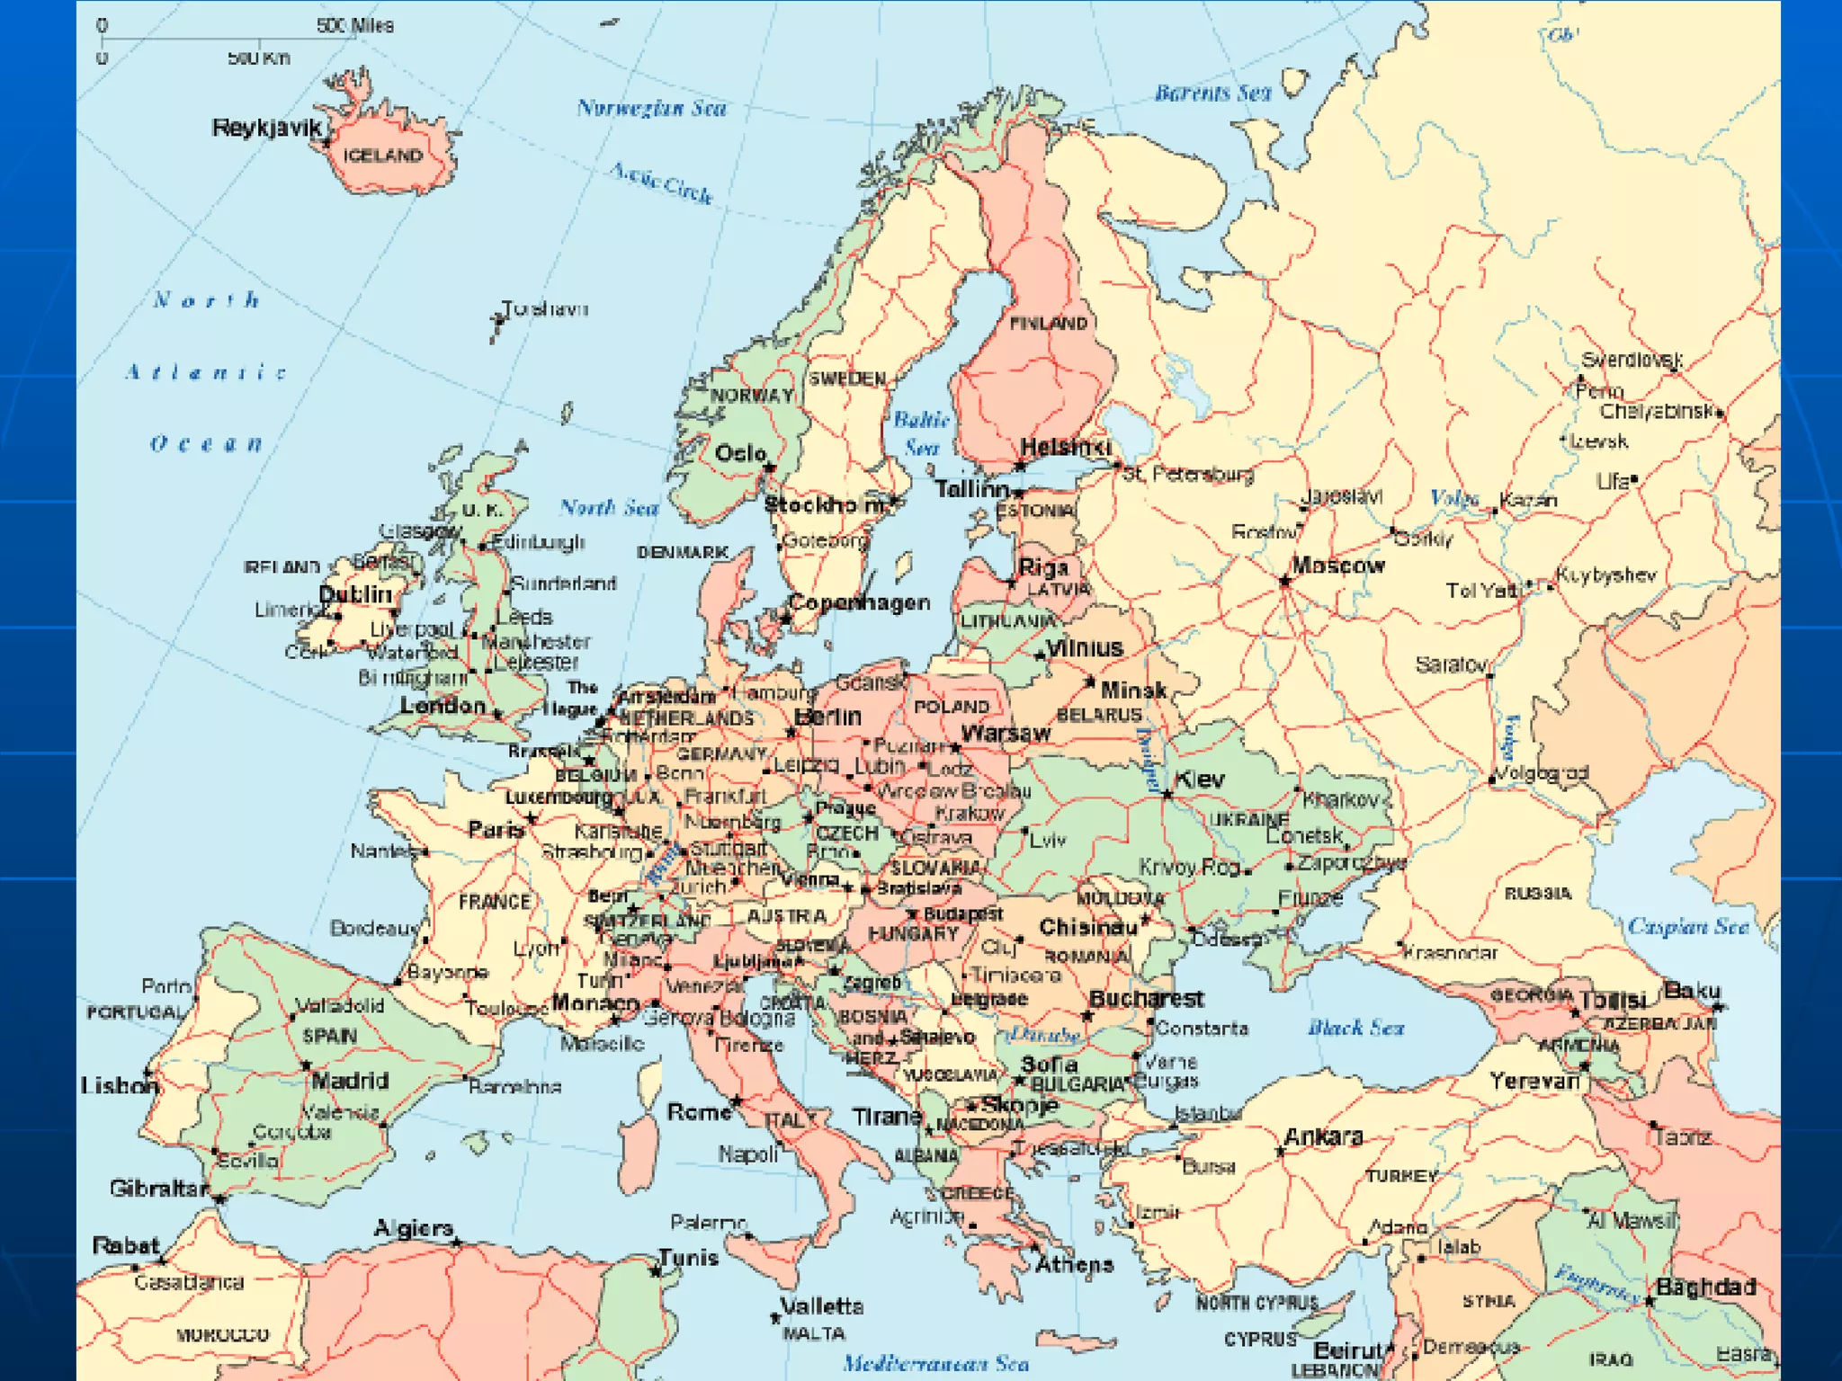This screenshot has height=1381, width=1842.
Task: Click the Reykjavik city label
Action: (266, 128)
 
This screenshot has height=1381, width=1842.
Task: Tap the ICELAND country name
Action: (382, 156)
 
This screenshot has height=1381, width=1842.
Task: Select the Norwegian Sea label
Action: (651, 108)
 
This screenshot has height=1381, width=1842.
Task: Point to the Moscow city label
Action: (1337, 566)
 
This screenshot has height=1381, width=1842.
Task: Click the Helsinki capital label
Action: (1065, 447)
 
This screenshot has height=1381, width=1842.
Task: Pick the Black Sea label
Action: (1355, 1028)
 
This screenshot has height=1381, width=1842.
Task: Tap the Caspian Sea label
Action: (1687, 926)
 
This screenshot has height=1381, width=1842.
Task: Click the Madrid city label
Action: (350, 1080)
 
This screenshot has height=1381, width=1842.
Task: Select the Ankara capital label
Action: (1323, 1136)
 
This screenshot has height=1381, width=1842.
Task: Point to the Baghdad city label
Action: (1705, 1287)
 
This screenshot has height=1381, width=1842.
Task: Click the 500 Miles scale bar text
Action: (354, 25)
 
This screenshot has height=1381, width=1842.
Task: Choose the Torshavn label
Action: (544, 308)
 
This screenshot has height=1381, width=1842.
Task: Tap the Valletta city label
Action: (821, 1305)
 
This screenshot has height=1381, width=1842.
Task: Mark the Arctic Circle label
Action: (661, 183)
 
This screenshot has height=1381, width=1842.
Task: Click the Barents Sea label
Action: (1212, 93)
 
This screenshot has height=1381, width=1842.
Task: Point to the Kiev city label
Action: (1199, 779)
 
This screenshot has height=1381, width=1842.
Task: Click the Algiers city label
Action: (413, 1228)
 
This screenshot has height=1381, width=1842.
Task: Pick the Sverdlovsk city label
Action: (1632, 360)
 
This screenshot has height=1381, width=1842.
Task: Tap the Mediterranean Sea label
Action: (935, 1363)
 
